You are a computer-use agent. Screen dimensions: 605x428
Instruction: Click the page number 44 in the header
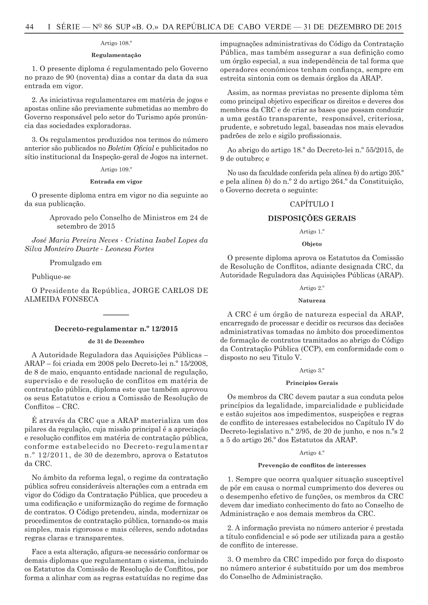30,27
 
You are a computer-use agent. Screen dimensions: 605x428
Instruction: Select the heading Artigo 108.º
116,44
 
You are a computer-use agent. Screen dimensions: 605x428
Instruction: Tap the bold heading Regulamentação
116,55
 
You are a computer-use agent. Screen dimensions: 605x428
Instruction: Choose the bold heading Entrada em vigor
116,181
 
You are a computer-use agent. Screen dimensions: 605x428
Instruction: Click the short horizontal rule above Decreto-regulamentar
116,315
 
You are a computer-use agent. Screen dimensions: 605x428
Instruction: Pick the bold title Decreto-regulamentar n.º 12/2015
116,329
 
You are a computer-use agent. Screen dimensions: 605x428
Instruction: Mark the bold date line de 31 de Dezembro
116,341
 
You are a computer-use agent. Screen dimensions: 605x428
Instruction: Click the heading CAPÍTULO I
312,204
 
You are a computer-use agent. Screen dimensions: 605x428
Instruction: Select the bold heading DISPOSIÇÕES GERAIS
312,218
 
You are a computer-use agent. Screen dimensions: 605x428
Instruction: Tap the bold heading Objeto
312,244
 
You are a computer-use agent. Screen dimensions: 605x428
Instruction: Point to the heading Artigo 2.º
312,288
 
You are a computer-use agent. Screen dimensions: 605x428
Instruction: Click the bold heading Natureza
312,301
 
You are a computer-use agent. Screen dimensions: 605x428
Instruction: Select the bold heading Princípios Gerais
312,383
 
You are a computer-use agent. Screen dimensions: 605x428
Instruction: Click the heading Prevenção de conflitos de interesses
312,465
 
